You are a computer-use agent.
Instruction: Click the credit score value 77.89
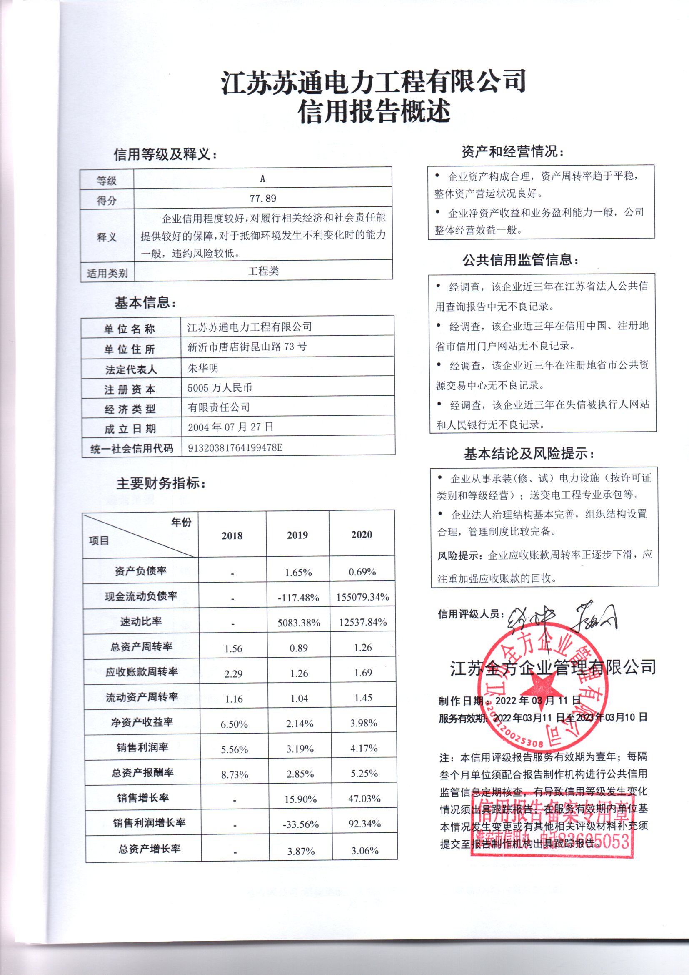[262, 199]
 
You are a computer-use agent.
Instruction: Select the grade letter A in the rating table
[262, 179]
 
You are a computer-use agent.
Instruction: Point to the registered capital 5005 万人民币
[220, 387]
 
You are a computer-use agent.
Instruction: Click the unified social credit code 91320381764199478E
[235, 447]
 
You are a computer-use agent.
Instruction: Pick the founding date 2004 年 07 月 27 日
[230, 427]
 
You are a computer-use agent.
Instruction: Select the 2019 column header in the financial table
[297, 535]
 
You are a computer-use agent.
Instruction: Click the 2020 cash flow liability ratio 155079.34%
[363, 597]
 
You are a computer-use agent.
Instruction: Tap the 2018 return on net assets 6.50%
[234, 724]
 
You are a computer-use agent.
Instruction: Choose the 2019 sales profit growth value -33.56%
[300, 824]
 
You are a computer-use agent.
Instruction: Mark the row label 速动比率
[141, 621]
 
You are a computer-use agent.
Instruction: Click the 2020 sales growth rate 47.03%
[364, 798]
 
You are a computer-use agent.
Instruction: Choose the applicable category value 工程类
[263, 271]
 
